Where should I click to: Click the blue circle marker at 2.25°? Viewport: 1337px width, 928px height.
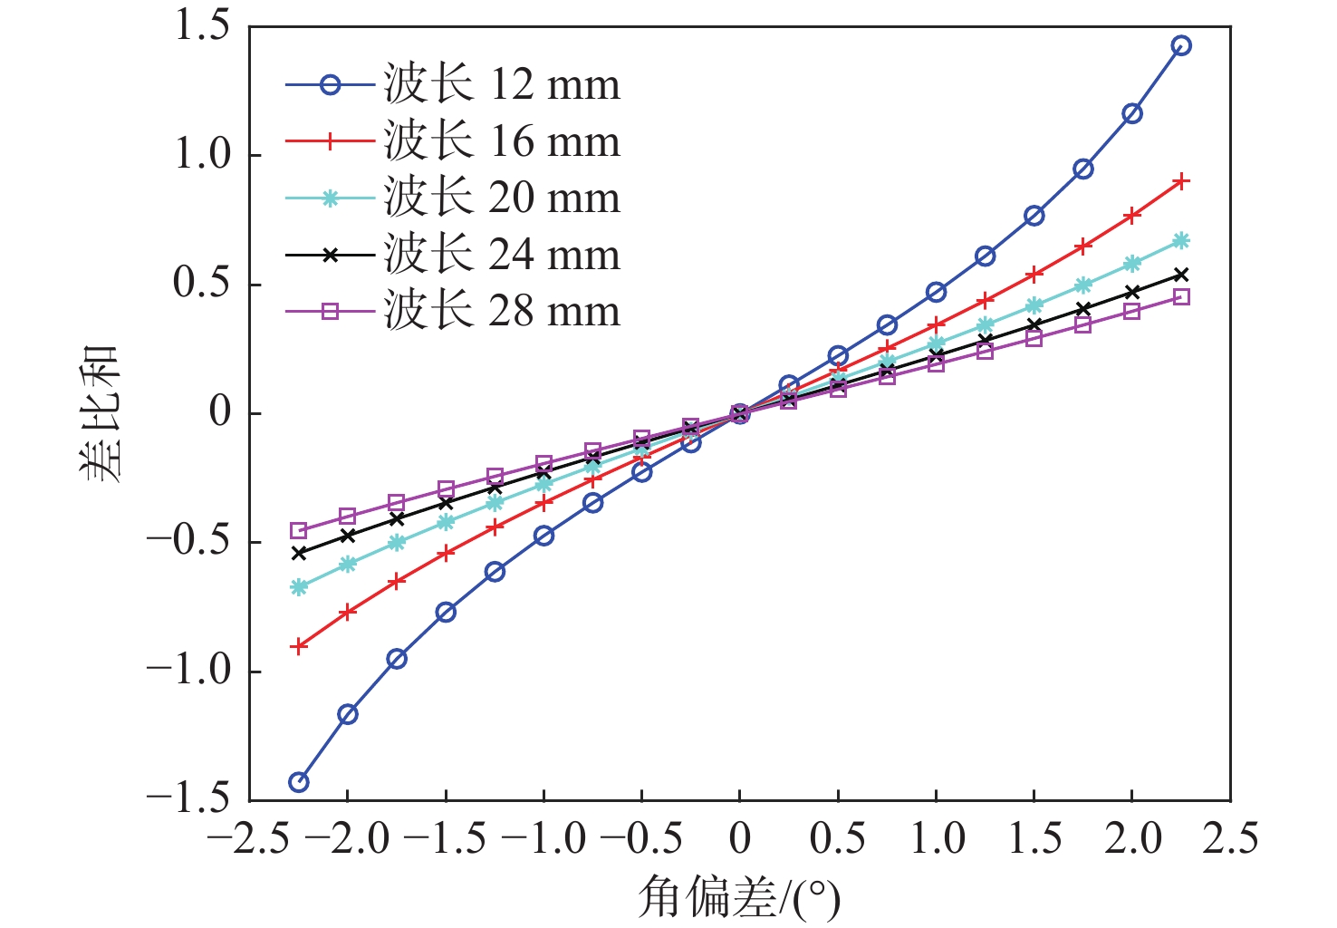click(1181, 45)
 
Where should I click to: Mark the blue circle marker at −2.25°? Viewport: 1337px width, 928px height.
click(299, 782)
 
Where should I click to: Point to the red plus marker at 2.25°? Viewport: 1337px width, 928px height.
click(1181, 181)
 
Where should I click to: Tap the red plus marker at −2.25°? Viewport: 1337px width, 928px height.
click(299, 646)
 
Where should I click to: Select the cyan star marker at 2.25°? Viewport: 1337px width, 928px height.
click(1181, 241)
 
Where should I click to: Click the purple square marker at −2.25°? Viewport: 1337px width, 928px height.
click(299, 530)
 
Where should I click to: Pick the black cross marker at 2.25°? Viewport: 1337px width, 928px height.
click(1181, 275)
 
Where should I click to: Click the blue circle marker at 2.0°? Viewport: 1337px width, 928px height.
click(1132, 113)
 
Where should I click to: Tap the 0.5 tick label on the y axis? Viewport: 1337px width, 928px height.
click(202, 285)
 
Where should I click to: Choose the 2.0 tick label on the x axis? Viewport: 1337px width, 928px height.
click(1132, 839)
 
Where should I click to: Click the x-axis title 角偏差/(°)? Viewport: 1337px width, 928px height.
click(739, 898)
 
